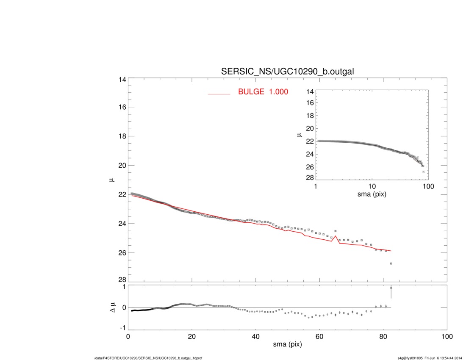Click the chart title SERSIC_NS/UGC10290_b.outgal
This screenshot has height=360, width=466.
[287, 72]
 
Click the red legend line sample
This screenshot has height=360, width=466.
[219, 94]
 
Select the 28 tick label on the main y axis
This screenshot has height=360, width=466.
[122, 280]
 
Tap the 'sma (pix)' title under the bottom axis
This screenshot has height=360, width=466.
[287, 345]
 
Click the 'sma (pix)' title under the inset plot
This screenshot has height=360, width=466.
[372, 194]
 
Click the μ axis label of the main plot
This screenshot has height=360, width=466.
[112, 180]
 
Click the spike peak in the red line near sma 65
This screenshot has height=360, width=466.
[336, 236]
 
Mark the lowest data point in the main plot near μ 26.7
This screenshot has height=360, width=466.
[391, 263]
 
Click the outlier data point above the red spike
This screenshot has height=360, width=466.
[336, 231]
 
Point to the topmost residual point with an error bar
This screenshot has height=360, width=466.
[391, 288]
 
